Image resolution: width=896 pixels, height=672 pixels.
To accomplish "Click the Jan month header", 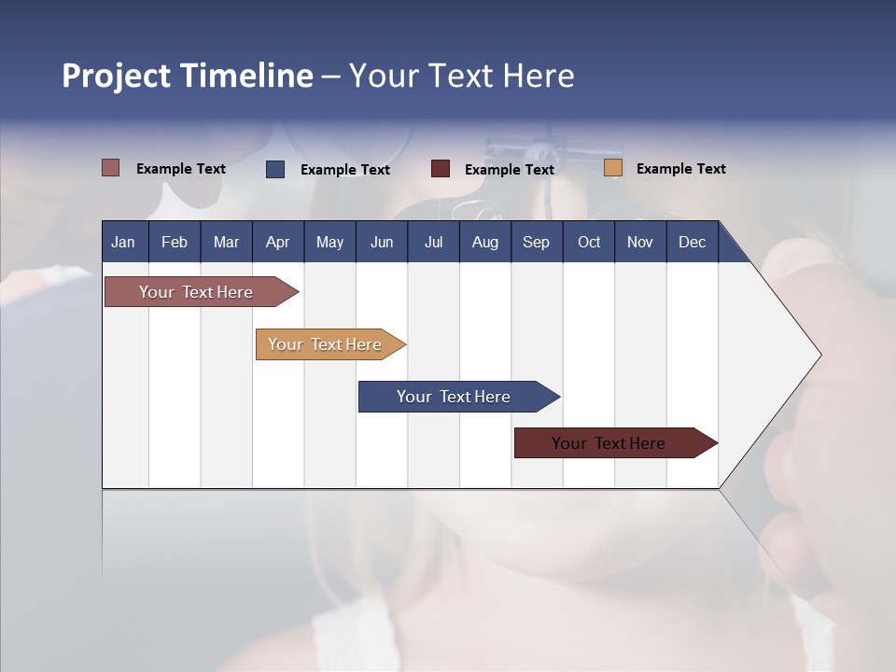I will tap(123, 242).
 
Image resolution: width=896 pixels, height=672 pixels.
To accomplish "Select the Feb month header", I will tap(175, 242).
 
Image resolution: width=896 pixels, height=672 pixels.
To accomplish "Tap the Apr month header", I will tap(277, 242).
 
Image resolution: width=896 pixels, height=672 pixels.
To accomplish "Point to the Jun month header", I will tap(382, 242).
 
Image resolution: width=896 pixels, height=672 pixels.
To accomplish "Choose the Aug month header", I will tap(484, 242).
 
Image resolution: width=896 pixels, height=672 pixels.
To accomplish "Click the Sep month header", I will tap(536, 242).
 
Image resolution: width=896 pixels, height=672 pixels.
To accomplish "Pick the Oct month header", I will tap(589, 242).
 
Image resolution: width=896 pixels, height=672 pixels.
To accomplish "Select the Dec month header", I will tap(692, 242).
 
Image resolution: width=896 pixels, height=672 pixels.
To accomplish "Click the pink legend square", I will tap(111, 168).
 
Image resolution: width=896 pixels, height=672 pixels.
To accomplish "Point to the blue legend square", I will tap(275, 169).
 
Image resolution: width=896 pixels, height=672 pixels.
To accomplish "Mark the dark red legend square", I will tap(441, 169).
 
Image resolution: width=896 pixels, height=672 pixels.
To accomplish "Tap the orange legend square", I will tap(613, 168).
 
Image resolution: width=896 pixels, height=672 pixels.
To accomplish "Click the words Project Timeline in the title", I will tap(188, 76).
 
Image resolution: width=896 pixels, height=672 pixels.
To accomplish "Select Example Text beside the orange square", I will tap(680, 169).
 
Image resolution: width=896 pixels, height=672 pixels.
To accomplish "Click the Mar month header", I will tap(226, 242).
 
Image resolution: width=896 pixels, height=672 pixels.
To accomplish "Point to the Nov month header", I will tap(639, 242).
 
